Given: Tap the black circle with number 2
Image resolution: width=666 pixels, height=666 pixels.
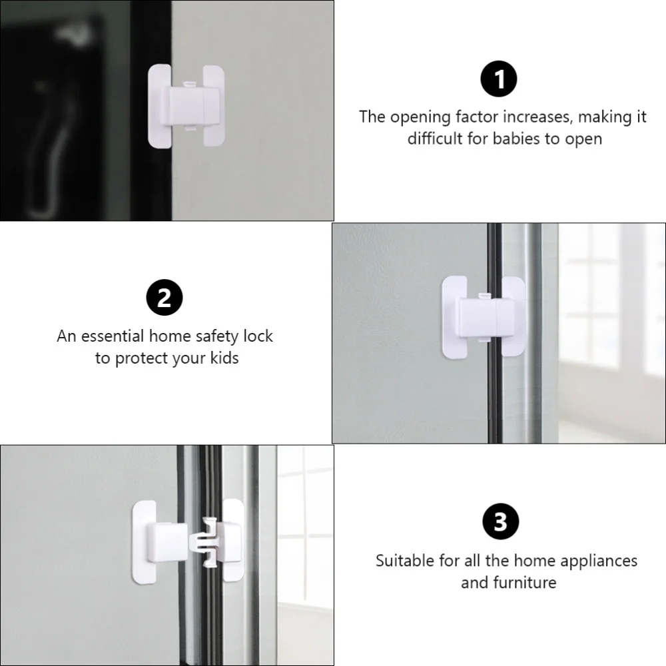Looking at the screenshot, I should coord(164,298).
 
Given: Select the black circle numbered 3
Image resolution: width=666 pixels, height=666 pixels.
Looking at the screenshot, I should coord(499,522).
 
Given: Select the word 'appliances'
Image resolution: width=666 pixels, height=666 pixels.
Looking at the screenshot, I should coord(595,560).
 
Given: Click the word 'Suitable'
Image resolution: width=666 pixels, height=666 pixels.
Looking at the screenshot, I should coord(405,560).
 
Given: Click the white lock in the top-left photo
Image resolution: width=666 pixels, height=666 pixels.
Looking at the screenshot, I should coord(186,105).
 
